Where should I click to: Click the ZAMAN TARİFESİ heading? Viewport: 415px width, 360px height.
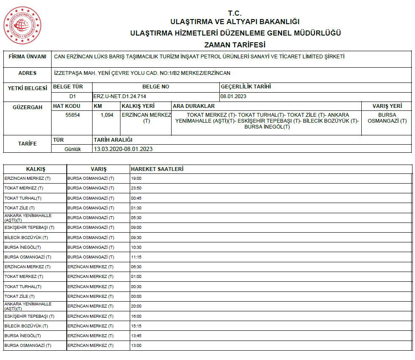(235, 44)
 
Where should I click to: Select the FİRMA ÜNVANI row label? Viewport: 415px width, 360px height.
(27, 57)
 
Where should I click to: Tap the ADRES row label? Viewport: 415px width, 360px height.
(27, 73)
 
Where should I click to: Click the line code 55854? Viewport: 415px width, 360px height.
(72, 115)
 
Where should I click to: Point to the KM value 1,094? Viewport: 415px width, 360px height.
(107, 115)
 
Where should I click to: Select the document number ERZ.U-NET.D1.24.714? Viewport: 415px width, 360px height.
(120, 96)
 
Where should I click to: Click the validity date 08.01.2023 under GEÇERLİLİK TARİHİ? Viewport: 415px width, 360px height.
(233, 96)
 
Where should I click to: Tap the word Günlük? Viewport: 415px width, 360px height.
(72, 149)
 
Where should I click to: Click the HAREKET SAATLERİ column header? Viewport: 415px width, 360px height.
(157, 169)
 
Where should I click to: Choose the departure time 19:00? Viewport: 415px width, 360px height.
(137, 179)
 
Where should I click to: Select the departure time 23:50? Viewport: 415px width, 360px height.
(137, 188)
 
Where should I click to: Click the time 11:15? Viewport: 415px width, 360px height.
(137, 257)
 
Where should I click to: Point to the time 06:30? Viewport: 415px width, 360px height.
(137, 267)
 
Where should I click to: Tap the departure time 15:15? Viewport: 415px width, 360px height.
(137, 326)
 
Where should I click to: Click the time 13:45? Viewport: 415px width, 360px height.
(137, 335)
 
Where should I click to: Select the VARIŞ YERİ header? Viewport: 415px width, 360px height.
(387, 106)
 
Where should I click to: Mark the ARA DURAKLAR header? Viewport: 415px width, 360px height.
(194, 106)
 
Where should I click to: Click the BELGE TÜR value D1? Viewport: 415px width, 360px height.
(72, 96)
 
